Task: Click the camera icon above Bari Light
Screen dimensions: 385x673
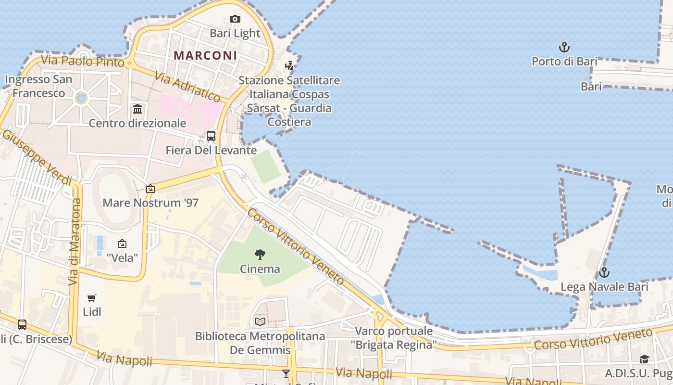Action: [x=235, y=19]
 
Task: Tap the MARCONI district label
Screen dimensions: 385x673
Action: [x=205, y=55]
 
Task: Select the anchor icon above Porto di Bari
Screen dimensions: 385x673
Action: [x=564, y=47]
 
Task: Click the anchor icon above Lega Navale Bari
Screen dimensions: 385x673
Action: [x=604, y=273]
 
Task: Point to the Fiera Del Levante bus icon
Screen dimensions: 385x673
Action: [x=211, y=136]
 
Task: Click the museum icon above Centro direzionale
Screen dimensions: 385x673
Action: [x=137, y=109]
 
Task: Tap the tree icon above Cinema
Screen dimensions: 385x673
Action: [x=260, y=255]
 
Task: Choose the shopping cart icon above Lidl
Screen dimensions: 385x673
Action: [x=92, y=298]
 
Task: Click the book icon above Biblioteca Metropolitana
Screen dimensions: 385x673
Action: [x=260, y=321]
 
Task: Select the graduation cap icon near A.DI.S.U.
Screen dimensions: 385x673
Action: [x=644, y=359]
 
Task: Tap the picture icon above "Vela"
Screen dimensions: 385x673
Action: [x=122, y=244]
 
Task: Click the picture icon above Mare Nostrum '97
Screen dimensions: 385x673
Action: [x=150, y=189]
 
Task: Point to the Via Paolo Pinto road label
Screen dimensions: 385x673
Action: [x=82, y=61]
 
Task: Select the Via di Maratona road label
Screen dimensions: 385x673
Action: [x=75, y=242]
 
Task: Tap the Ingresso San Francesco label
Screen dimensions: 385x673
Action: [x=38, y=86]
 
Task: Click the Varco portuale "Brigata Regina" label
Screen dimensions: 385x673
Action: [x=394, y=338]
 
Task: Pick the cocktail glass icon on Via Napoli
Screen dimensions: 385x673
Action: [x=286, y=373]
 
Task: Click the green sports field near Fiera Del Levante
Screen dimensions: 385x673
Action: [x=266, y=166]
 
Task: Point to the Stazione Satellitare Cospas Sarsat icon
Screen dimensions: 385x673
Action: [x=289, y=66]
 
